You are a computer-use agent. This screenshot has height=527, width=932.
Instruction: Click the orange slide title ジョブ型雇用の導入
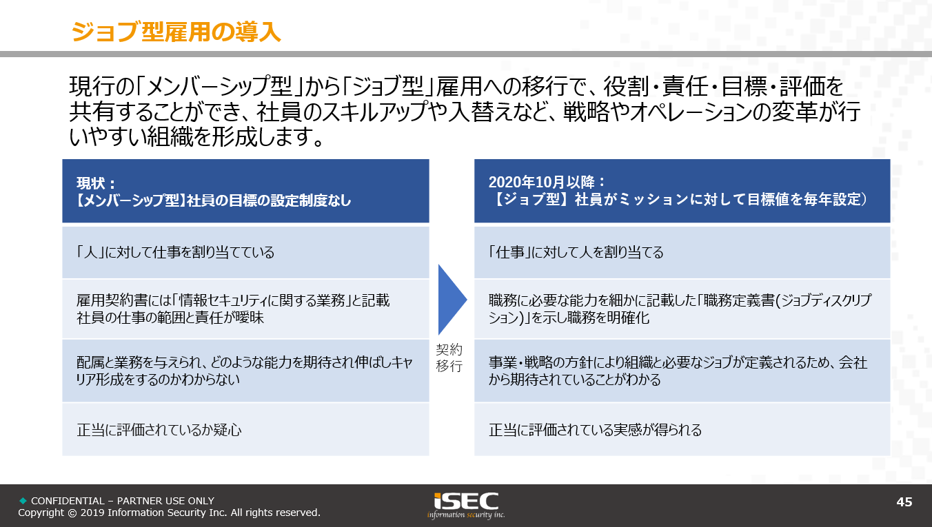click(x=176, y=32)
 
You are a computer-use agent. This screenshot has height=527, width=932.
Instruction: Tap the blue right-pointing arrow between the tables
click(x=452, y=300)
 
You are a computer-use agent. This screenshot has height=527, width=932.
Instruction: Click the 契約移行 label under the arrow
click(x=449, y=358)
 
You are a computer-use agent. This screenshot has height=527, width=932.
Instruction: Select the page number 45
click(x=904, y=502)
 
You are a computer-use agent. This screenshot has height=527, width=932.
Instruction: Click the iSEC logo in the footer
click(x=466, y=506)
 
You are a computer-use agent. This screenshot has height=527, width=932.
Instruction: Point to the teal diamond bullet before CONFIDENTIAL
click(x=23, y=500)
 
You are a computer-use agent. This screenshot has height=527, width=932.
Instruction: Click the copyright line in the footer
click(x=169, y=513)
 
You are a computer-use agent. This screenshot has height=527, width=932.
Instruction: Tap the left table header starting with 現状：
click(x=245, y=191)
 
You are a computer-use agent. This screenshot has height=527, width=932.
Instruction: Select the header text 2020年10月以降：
click(x=547, y=182)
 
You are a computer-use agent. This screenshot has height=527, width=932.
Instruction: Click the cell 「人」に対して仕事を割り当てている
click(x=245, y=252)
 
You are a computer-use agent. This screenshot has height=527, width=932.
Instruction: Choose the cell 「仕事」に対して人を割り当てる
click(x=682, y=252)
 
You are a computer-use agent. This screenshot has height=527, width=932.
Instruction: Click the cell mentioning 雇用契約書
click(x=245, y=309)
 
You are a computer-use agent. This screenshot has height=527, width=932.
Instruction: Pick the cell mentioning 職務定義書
click(x=682, y=309)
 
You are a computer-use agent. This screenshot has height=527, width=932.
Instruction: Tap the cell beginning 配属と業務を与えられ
click(x=245, y=371)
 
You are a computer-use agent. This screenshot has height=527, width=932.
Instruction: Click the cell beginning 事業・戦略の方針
click(x=682, y=371)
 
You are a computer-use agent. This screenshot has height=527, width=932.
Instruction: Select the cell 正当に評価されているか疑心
click(x=245, y=430)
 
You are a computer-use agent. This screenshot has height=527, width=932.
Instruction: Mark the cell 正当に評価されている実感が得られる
click(x=682, y=430)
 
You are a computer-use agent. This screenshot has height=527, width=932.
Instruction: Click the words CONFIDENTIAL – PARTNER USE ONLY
click(x=123, y=501)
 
